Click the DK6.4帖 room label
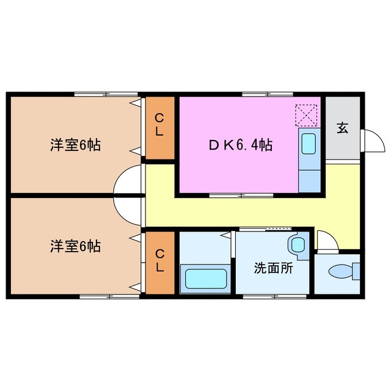pos(241,145)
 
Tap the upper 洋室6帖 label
pos(75,145)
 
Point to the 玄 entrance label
pos(343,128)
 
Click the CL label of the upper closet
pos(159,125)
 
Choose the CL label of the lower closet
pos(159,261)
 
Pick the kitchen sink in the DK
pos(308,142)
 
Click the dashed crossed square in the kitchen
pos(307,114)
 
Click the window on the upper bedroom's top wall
pos(106,94)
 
